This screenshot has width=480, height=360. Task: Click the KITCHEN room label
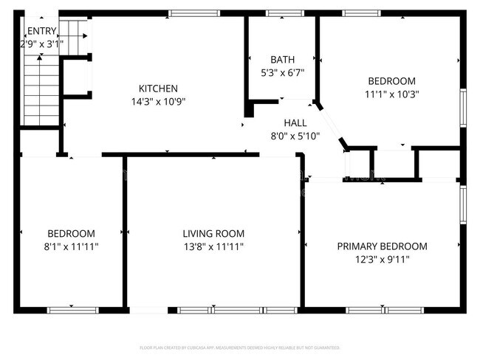pos(158,89)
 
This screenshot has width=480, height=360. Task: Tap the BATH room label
pos(282,60)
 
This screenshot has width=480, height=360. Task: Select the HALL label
pos(295,123)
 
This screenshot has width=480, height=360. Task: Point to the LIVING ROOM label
pos(213,234)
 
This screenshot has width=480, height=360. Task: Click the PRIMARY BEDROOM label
pos(382,246)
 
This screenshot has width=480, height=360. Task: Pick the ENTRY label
pos(41,31)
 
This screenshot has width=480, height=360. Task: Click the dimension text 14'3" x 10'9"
pos(158,102)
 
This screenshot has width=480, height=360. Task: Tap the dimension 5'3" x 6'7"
pos(282,72)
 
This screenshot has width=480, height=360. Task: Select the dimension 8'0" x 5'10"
pos(295,136)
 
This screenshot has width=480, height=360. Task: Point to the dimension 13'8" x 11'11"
pos(213,247)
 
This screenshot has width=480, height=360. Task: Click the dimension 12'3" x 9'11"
pos(382,259)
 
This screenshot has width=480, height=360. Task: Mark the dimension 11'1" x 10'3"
pos(391,94)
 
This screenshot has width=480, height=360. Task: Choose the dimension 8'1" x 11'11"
pos(72,247)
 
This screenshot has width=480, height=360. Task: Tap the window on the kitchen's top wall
pos(193,13)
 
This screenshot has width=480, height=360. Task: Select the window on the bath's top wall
pos(280,13)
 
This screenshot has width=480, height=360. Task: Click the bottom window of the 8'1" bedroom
pos(72,310)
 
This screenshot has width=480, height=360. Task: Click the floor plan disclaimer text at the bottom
pos(239,347)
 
